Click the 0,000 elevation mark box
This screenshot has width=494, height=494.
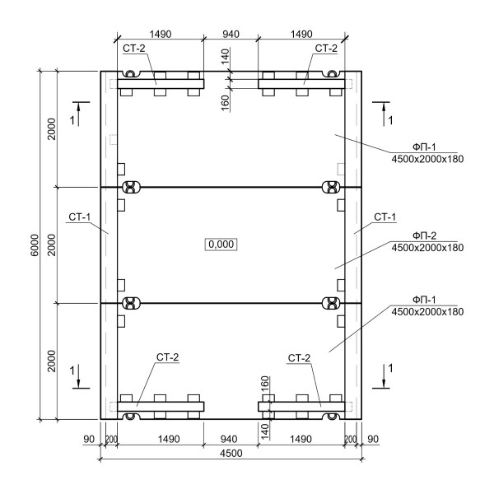tap(221, 245)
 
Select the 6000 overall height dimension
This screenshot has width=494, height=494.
tap(35, 245)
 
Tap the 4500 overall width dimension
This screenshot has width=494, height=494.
tap(231, 454)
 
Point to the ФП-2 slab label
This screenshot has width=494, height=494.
tap(424, 235)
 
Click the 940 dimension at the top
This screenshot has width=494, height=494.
tap(231, 34)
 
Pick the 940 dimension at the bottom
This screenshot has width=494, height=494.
tap(229, 439)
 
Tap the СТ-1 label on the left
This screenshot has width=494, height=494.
tap(80, 217)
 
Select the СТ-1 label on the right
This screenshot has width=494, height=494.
tap(385, 217)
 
